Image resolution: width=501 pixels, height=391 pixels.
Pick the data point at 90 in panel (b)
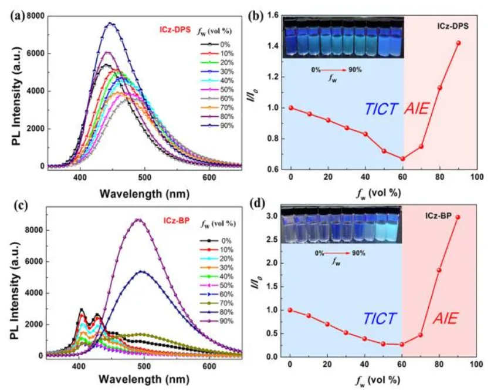pos(458,43)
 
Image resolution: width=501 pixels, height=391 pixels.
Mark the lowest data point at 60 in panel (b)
pos(402,159)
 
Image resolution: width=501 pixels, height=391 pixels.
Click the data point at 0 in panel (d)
pos(290,310)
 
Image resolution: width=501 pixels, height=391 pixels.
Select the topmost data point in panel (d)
pos(458,217)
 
